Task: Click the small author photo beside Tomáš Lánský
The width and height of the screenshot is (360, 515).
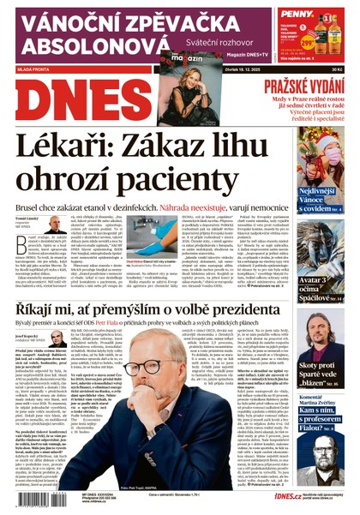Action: pos(56,225)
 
